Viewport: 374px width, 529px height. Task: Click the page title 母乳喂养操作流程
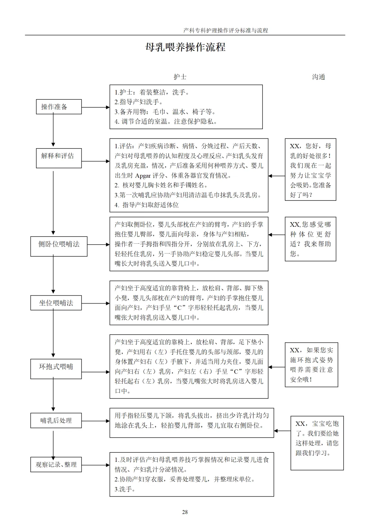coord(185,47)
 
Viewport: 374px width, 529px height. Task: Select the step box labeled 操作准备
coord(59,107)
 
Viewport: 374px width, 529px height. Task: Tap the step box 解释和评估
coord(59,158)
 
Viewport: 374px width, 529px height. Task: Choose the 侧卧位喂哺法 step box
coord(59,246)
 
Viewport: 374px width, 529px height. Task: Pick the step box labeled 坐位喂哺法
coord(56,303)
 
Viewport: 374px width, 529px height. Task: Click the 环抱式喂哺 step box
coord(56,369)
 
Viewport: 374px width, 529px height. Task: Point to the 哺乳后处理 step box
coord(56,420)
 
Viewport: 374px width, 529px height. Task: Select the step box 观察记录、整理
coord(56,465)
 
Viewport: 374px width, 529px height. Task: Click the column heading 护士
coord(180,77)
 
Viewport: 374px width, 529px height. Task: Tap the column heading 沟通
coord(319,77)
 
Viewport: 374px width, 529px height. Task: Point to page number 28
coord(185,512)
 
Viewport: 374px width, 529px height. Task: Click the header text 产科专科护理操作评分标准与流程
coord(226,30)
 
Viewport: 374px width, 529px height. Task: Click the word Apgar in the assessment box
coord(143,176)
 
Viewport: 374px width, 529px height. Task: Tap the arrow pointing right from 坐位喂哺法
coord(96,303)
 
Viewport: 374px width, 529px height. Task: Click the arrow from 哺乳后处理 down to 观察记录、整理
coord(53,444)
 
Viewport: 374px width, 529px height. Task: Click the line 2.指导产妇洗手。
coord(139,102)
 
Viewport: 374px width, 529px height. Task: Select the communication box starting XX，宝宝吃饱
coord(317,443)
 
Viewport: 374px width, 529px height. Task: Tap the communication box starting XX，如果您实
coord(311,365)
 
